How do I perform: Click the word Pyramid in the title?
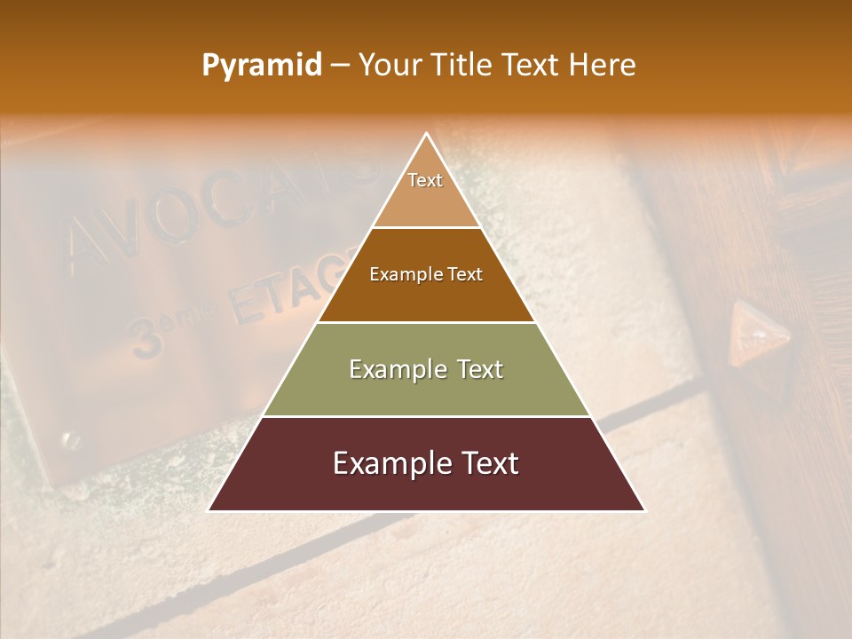(x=261, y=66)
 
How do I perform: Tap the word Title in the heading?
(x=463, y=66)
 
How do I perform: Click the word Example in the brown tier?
(x=401, y=274)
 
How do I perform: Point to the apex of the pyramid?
(x=426, y=135)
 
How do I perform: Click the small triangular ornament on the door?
(x=759, y=335)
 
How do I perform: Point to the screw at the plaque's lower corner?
(x=69, y=439)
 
